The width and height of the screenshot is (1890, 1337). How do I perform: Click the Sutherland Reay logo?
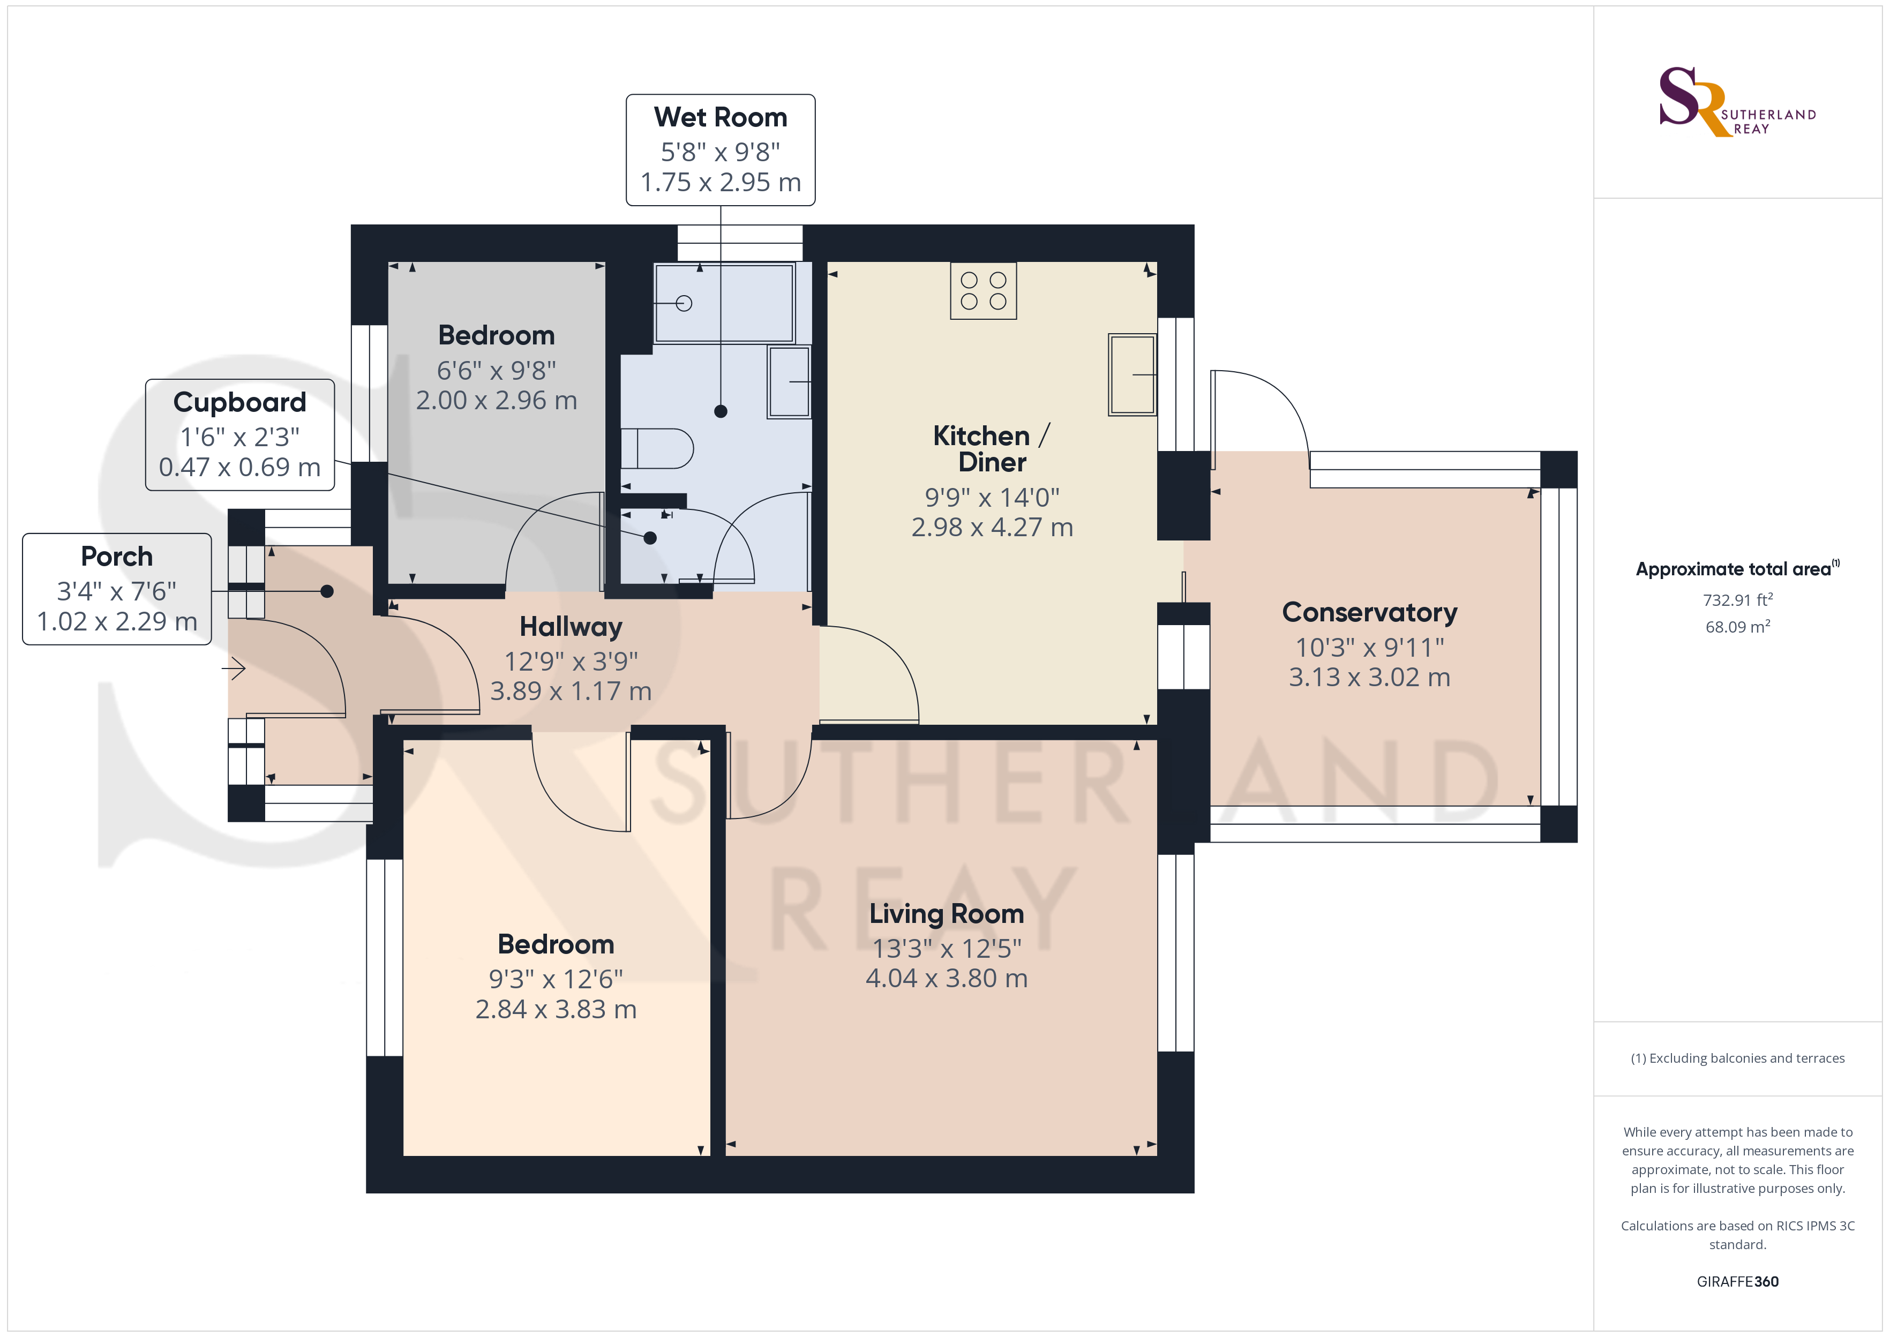click(x=1737, y=102)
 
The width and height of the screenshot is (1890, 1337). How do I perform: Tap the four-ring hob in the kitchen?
click(x=983, y=291)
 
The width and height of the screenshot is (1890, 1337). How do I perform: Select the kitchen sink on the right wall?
click(x=1132, y=374)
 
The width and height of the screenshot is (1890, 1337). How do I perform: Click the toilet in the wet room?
click(x=657, y=449)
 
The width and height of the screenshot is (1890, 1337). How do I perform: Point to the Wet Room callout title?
click(x=721, y=118)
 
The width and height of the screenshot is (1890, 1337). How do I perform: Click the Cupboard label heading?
click(x=239, y=403)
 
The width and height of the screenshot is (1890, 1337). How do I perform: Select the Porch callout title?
click(x=117, y=557)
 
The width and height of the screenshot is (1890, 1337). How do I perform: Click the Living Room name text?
click(x=947, y=914)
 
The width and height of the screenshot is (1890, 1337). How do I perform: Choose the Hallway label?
click(x=571, y=627)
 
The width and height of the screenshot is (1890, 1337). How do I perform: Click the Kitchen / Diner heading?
click(x=992, y=449)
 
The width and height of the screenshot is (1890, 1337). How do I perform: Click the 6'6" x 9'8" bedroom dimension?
click(x=497, y=371)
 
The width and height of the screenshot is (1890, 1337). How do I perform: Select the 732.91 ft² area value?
click(x=1738, y=599)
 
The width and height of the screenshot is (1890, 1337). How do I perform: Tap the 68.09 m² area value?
click(x=1738, y=627)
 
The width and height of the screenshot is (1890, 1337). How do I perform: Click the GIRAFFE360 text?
click(x=1738, y=1282)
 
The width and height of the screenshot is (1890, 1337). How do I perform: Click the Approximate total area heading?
click(x=1737, y=569)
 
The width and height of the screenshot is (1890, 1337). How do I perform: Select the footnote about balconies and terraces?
click(x=1738, y=1058)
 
